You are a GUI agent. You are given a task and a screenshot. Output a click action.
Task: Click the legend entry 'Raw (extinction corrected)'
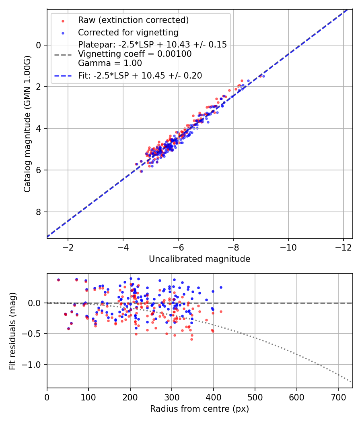pos(133,20)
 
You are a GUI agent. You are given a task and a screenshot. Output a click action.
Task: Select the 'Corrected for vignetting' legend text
pos(128,33)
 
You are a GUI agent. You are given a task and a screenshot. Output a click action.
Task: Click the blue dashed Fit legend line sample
pos(63,76)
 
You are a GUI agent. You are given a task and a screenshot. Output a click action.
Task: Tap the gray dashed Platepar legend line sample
pos(63,55)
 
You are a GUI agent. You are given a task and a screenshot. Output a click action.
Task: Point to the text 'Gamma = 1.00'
pos(110,63)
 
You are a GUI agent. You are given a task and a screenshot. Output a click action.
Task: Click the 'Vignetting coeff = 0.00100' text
pos(135,54)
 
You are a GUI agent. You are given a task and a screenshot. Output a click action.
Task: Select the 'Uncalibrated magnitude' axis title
pos(200,259)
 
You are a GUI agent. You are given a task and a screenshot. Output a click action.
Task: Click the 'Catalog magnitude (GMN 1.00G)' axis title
pos(27,124)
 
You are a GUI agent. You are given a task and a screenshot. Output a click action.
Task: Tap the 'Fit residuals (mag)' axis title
pos(12,331)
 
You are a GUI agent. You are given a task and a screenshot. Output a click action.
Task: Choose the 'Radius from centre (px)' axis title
pos(200,409)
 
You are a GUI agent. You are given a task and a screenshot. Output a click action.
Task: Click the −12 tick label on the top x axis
pos(343,247)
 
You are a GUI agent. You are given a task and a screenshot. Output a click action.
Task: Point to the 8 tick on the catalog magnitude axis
pos(39,212)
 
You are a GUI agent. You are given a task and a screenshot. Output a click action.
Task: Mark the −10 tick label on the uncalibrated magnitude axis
pos(288,247)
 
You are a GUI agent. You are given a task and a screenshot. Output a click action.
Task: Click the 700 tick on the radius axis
pos(338,397)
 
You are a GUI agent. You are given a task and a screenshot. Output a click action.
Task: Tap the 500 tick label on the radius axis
pos(255,397)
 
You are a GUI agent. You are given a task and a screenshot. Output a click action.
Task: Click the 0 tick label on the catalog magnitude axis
pos(39,45)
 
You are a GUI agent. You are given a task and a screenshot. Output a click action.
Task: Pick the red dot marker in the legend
pos(63,21)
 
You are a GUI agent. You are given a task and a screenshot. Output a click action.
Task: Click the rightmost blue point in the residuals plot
pos(221,288)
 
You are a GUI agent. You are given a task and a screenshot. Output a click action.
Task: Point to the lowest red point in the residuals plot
pos(192,339)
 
